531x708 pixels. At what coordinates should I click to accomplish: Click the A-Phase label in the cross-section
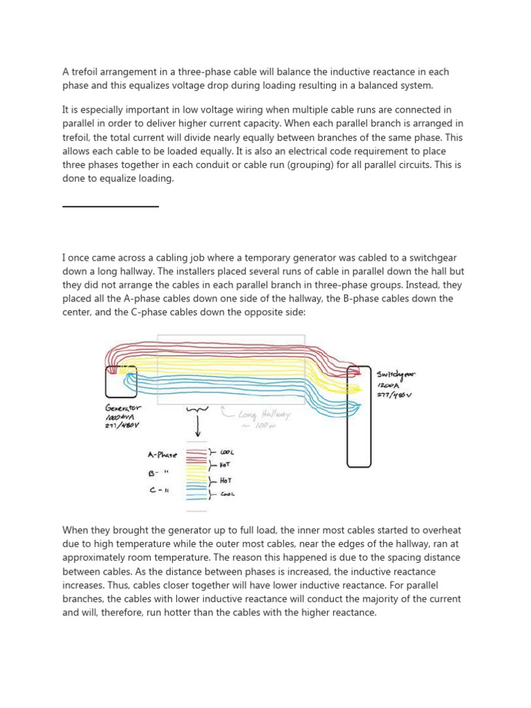(162, 455)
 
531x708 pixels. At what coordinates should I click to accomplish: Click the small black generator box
(121, 381)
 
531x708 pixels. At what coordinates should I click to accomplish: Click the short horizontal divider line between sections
(111, 206)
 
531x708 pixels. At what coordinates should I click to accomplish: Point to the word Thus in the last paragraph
(77, 585)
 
